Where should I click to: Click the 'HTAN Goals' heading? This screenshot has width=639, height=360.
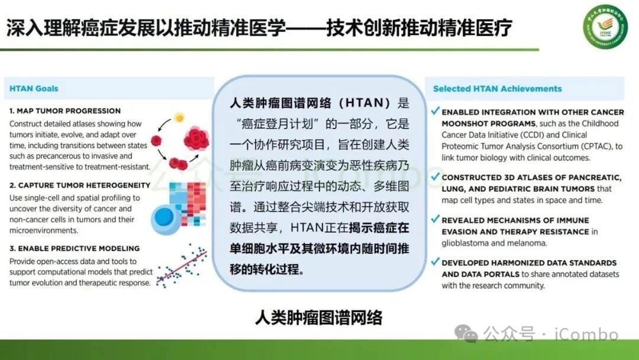pos(34,89)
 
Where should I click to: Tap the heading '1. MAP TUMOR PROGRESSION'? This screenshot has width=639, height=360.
pos(65,111)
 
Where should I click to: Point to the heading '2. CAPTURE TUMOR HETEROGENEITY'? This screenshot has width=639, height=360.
pos(80,185)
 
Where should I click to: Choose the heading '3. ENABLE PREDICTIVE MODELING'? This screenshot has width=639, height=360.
pos(74,249)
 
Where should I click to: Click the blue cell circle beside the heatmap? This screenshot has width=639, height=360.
pos(165,217)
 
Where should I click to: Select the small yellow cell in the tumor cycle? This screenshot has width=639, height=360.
pos(179,118)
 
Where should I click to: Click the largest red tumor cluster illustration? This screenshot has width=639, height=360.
pos(196,139)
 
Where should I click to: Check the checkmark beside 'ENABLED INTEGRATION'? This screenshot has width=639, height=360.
pos(435,111)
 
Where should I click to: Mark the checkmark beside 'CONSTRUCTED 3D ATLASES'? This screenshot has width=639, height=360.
pos(435,176)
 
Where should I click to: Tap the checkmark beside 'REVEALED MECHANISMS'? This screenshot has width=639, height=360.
pos(435,219)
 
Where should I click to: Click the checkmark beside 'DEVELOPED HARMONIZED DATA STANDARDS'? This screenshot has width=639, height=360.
pos(435,262)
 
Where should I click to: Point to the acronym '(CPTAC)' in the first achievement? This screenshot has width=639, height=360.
pos(589,146)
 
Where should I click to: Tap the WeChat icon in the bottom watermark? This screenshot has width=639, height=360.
pos(470,335)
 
